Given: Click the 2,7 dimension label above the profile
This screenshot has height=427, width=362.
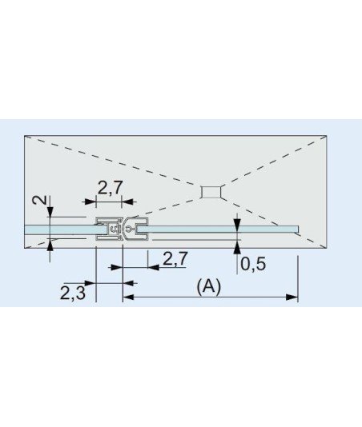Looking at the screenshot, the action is [x=110, y=188].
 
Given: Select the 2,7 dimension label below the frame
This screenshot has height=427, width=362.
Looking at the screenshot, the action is [x=175, y=258].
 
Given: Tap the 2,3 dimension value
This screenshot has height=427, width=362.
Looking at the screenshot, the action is [x=73, y=293].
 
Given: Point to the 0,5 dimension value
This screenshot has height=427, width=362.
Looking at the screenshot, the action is [x=253, y=264].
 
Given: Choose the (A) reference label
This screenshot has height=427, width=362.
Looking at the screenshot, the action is [x=209, y=286].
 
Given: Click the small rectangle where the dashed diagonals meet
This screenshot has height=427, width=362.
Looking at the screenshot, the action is [x=211, y=192].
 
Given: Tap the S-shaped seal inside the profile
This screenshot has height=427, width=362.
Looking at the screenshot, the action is [x=115, y=229].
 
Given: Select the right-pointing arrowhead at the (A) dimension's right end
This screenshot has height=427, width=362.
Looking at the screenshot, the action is [x=292, y=297].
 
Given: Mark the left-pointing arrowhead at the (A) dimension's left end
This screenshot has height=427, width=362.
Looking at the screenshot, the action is [x=128, y=297].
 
